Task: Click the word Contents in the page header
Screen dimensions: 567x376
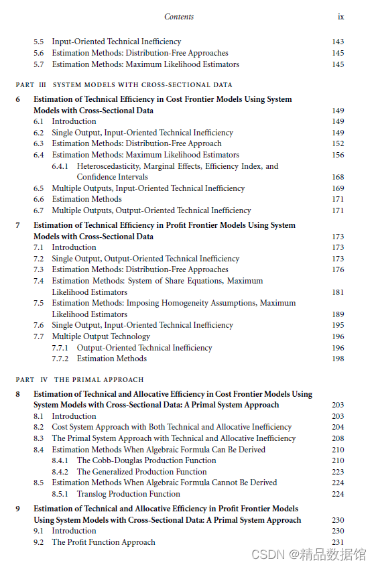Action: pos(179,17)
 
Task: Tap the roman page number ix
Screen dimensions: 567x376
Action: pos(340,17)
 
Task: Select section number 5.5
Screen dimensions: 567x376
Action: pos(39,42)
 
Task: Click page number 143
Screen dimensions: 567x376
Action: pos(338,42)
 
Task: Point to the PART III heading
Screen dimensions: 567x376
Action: pos(124,85)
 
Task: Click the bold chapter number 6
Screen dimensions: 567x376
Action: pos(18,99)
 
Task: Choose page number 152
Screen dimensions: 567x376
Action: pos(338,143)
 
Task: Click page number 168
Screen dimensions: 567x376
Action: pos(338,177)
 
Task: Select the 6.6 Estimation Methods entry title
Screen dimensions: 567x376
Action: pos(86,199)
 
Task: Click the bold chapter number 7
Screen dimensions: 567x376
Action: pos(18,225)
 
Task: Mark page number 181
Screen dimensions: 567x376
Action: pos(338,292)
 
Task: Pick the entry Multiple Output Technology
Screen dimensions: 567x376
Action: pos(101,336)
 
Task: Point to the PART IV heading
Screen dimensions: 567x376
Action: pos(80,379)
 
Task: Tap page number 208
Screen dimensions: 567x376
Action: pos(338,438)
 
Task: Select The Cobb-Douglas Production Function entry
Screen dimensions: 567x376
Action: pos(146,460)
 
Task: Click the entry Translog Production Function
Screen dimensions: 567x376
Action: pos(128,494)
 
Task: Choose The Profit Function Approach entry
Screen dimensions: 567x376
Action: pos(103,542)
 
